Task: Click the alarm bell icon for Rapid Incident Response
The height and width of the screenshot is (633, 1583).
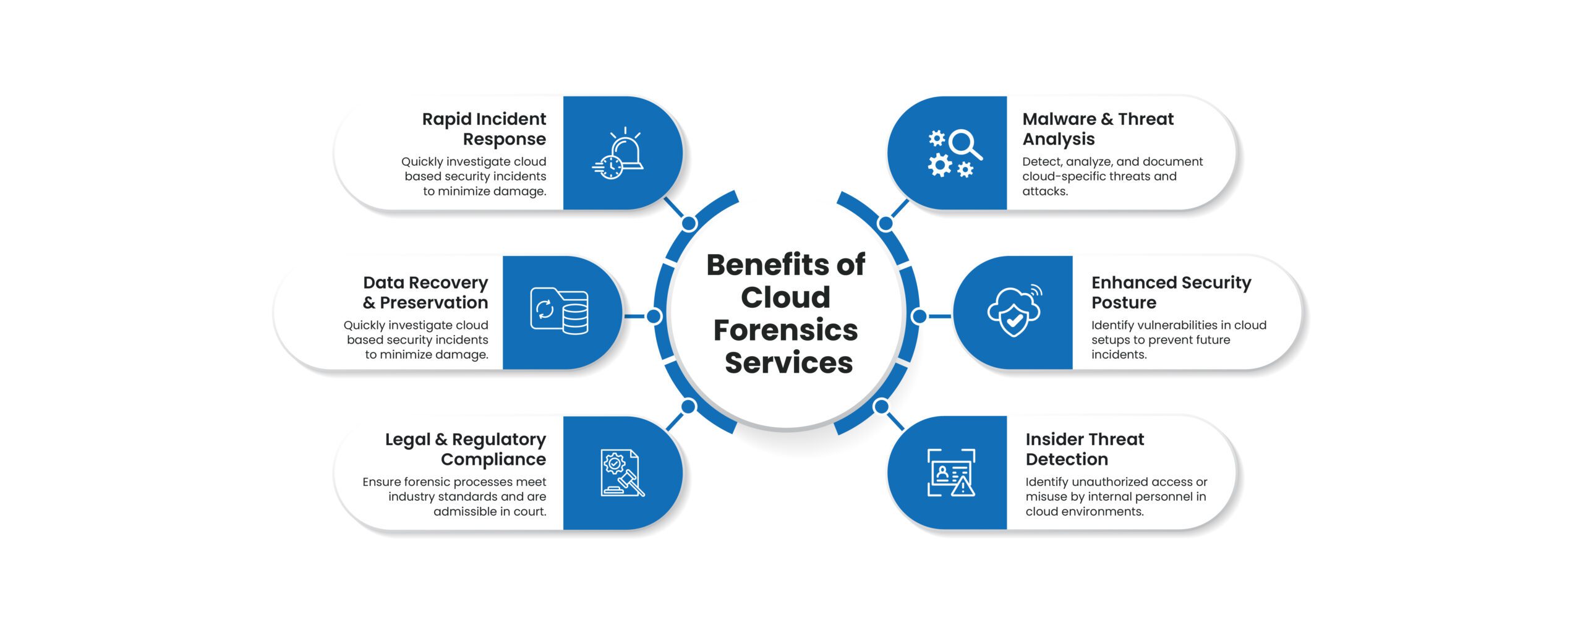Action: tap(618, 154)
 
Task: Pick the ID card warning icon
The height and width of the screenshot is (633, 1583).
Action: tap(951, 473)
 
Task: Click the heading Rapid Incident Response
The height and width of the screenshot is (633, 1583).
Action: tap(484, 129)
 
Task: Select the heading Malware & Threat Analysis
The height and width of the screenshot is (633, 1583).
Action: tap(1098, 129)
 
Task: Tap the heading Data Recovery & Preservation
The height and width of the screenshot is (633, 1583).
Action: tap(425, 292)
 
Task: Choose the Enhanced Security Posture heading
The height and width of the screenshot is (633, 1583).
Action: tap(1171, 292)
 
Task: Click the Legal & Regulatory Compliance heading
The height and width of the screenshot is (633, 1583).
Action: tap(466, 449)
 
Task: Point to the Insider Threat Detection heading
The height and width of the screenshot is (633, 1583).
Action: tap(1085, 449)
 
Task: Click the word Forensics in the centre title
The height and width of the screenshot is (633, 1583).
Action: tap(785, 330)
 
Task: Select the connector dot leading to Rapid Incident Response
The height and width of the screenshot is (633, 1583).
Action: tap(689, 223)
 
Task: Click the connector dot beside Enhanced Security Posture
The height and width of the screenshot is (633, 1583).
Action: tap(920, 316)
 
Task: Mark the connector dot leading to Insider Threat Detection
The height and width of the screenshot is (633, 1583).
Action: tap(881, 407)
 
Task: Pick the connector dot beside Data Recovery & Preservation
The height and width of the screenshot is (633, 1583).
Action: tap(654, 316)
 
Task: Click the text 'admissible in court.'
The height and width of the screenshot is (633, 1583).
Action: tap(490, 512)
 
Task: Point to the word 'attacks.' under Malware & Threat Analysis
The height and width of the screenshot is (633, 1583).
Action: tap(1045, 192)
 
